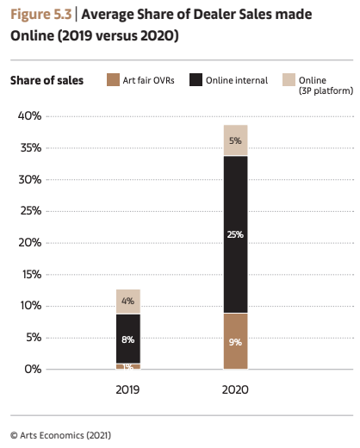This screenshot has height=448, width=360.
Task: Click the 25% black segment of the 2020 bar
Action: [235, 233]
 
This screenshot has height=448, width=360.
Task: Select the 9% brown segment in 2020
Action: [235, 341]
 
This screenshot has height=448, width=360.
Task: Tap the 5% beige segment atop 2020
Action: [235, 140]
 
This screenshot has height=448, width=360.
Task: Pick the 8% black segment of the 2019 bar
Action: [127, 339]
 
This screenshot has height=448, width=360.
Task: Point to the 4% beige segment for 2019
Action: [127, 302]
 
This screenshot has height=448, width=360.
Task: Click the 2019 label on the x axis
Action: [127, 389]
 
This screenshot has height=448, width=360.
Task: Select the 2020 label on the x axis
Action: [235, 389]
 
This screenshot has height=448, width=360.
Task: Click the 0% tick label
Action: [33, 369]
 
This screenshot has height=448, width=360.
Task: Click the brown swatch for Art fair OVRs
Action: [112, 81]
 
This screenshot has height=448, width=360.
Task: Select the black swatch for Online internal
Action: [196, 81]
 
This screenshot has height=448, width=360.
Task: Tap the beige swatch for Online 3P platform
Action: [289, 81]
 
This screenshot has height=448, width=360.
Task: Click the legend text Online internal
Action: [236, 81]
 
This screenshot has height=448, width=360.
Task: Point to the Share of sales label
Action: [47, 81]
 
